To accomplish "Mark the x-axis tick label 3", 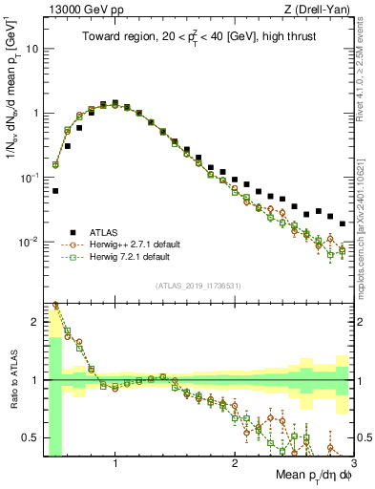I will click(352, 461).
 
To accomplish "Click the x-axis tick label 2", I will click(234, 461).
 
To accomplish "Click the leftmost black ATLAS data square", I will click(55, 190).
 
